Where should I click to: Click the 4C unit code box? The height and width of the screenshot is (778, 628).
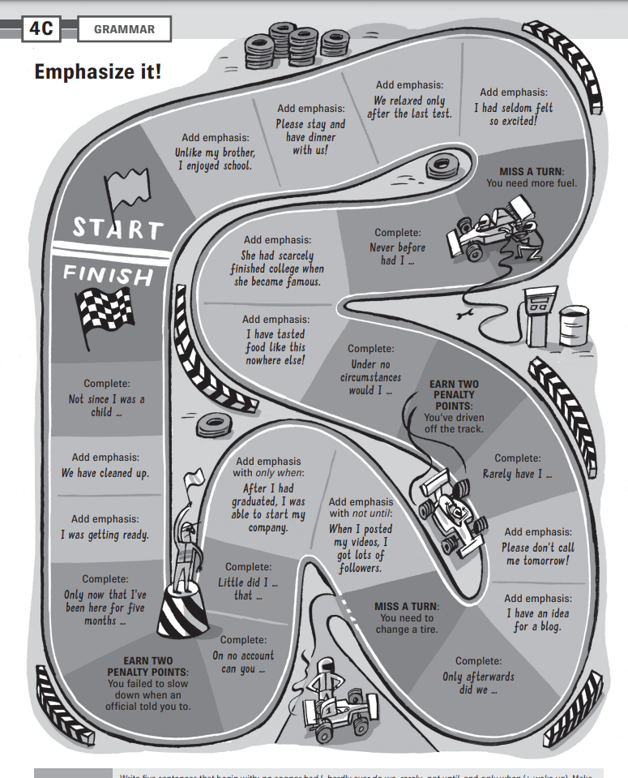click(41, 29)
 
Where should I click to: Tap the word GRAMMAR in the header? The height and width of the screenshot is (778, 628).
click(124, 30)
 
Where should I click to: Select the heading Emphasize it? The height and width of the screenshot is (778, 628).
click(97, 71)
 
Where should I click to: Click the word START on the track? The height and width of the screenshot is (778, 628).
click(117, 227)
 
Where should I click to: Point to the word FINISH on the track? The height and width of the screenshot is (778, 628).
click(108, 277)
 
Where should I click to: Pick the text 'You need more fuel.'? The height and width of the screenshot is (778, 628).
click(531, 183)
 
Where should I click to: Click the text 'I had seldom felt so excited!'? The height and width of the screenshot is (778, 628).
click(513, 114)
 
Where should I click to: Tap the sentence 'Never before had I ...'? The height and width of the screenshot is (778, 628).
click(397, 254)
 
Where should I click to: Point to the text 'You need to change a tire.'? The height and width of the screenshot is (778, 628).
click(406, 624)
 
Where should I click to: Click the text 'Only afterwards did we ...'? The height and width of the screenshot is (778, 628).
click(478, 683)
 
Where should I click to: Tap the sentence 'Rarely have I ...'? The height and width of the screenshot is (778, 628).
click(517, 473)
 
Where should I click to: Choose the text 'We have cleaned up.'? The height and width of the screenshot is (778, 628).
click(105, 473)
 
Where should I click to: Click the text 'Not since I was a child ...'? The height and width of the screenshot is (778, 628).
click(106, 406)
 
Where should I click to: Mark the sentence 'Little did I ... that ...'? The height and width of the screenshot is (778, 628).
click(248, 589)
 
